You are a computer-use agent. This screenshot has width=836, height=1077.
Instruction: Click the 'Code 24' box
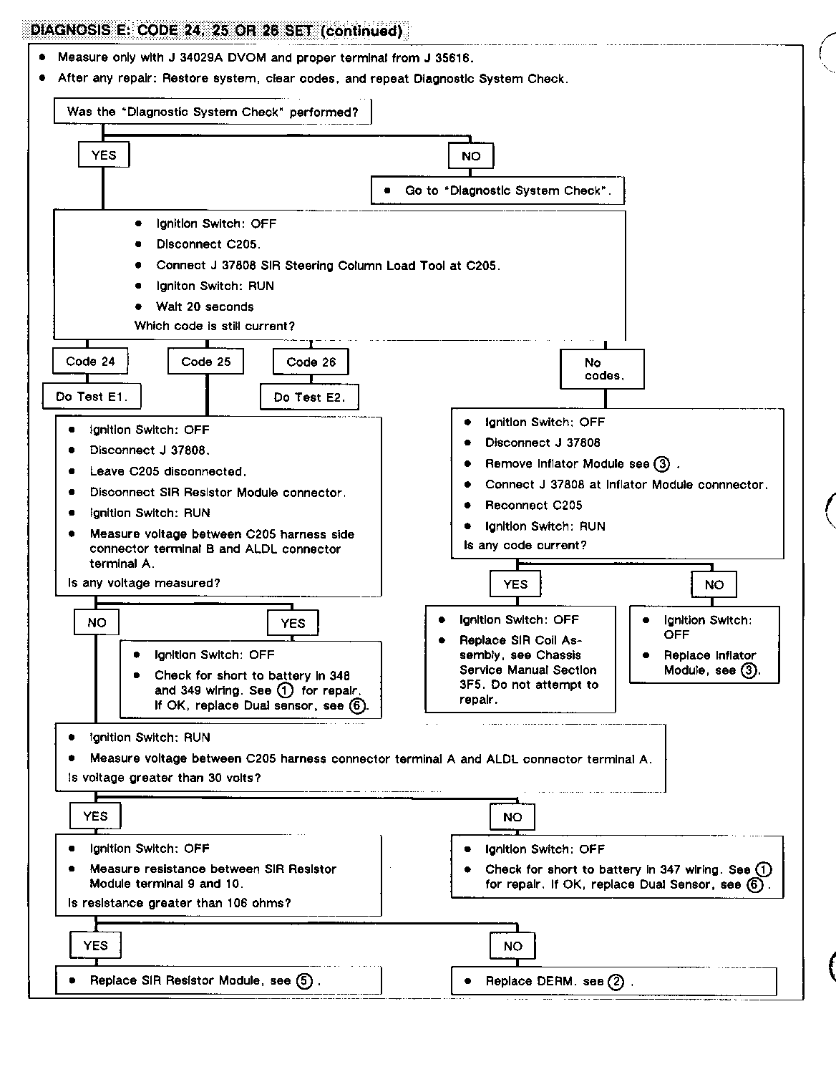[x=90, y=362]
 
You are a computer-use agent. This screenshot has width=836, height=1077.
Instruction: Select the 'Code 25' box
[x=206, y=362]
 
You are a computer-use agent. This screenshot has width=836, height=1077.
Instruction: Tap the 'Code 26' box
[x=311, y=362]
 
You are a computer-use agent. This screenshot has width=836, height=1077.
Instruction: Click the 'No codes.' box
[x=603, y=369]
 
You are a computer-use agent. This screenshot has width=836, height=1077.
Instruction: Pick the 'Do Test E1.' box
[x=90, y=397]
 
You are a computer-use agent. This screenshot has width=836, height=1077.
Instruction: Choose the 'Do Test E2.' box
[x=309, y=397]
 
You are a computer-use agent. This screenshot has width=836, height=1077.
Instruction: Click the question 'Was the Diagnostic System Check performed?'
[x=213, y=112]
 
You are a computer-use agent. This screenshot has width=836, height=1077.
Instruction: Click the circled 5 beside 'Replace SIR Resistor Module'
[x=305, y=981]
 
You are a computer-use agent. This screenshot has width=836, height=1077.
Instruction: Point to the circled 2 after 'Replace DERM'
[x=616, y=982]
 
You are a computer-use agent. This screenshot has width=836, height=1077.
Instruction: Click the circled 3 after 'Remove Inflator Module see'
[x=662, y=464]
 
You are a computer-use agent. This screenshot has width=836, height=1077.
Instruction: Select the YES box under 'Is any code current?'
[x=515, y=584]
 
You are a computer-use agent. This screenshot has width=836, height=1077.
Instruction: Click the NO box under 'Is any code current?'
[x=714, y=585]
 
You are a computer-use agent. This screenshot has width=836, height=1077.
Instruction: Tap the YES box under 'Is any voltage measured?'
[x=293, y=623]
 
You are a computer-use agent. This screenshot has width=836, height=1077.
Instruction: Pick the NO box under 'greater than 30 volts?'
[x=512, y=817]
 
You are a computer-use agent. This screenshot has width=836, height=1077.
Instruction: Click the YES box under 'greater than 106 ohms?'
[x=95, y=945]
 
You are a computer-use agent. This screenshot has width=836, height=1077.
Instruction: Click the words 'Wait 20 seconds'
[x=205, y=306]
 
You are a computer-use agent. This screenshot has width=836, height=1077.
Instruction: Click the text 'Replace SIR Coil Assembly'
[x=520, y=647]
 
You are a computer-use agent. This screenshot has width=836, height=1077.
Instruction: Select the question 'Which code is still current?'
[x=215, y=326]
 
